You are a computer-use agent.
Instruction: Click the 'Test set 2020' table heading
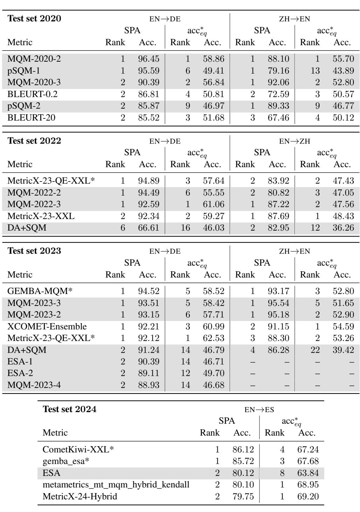coord(34,19)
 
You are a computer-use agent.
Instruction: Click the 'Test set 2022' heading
coord(34,141)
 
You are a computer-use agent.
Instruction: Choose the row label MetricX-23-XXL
coord(41,216)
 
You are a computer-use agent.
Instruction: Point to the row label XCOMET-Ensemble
coord(47,327)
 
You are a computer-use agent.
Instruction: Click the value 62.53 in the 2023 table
coord(213,338)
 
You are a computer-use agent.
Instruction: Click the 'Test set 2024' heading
coord(69,409)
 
